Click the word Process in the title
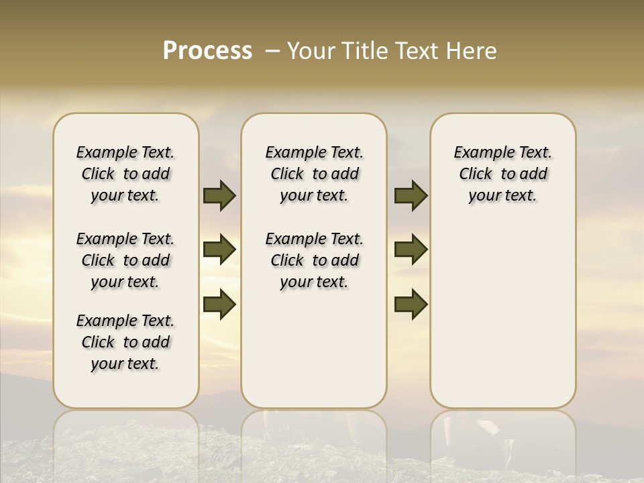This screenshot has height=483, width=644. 207,51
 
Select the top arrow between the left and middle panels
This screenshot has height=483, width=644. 219,195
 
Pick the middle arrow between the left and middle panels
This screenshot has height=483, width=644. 219,250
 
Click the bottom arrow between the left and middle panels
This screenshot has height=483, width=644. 219,304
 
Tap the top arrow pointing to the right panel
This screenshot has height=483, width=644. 411,195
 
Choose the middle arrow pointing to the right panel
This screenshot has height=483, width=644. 411,250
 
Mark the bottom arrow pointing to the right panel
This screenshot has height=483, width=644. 411,304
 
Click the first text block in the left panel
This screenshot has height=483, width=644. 125,174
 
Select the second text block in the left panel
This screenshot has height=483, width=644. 125,260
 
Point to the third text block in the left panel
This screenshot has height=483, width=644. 125,342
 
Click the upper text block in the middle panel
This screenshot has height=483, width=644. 314,174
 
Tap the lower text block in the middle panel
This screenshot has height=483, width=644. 314,260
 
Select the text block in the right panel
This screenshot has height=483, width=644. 502,174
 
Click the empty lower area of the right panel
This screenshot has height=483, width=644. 502,315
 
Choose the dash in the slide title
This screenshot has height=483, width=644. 272,51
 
